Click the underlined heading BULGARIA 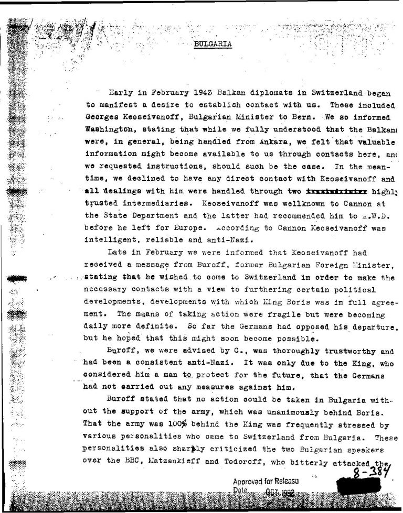pyautogui.click(x=213, y=44)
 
